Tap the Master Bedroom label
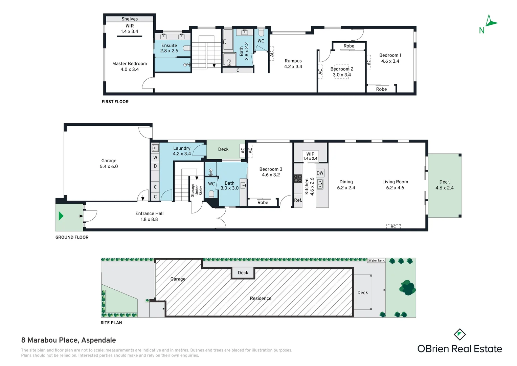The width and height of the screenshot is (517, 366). [x=130, y=66]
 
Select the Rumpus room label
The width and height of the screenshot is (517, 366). [x=293, y=64]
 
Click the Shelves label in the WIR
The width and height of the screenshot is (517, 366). [x=130, y=19]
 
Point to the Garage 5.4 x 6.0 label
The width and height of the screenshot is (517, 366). [x=109, y=163]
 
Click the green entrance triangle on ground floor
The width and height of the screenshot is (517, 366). [x=61, y=216]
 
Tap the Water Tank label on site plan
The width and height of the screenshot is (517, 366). [x=376, y=260]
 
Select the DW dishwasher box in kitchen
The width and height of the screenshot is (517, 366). [x=320, y=173]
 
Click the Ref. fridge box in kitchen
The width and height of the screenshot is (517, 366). [x=298, y=200]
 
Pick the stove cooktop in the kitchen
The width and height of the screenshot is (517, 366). [x=298, y=179]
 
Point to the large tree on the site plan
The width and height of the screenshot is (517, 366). [x=408, y=288]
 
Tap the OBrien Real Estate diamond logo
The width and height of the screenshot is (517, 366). [x=459, y=334]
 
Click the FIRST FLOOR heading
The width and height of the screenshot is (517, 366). [x=115, y=102]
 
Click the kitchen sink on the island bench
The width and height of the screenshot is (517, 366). [x=320, y=184]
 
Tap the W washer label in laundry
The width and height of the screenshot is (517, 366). [x=155, y=158]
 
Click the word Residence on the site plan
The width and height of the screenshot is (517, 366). [x=261, y=298]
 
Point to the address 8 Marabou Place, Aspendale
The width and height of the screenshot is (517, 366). [x=69, y=340]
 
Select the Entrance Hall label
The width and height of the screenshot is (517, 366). [x=149, y=217]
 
